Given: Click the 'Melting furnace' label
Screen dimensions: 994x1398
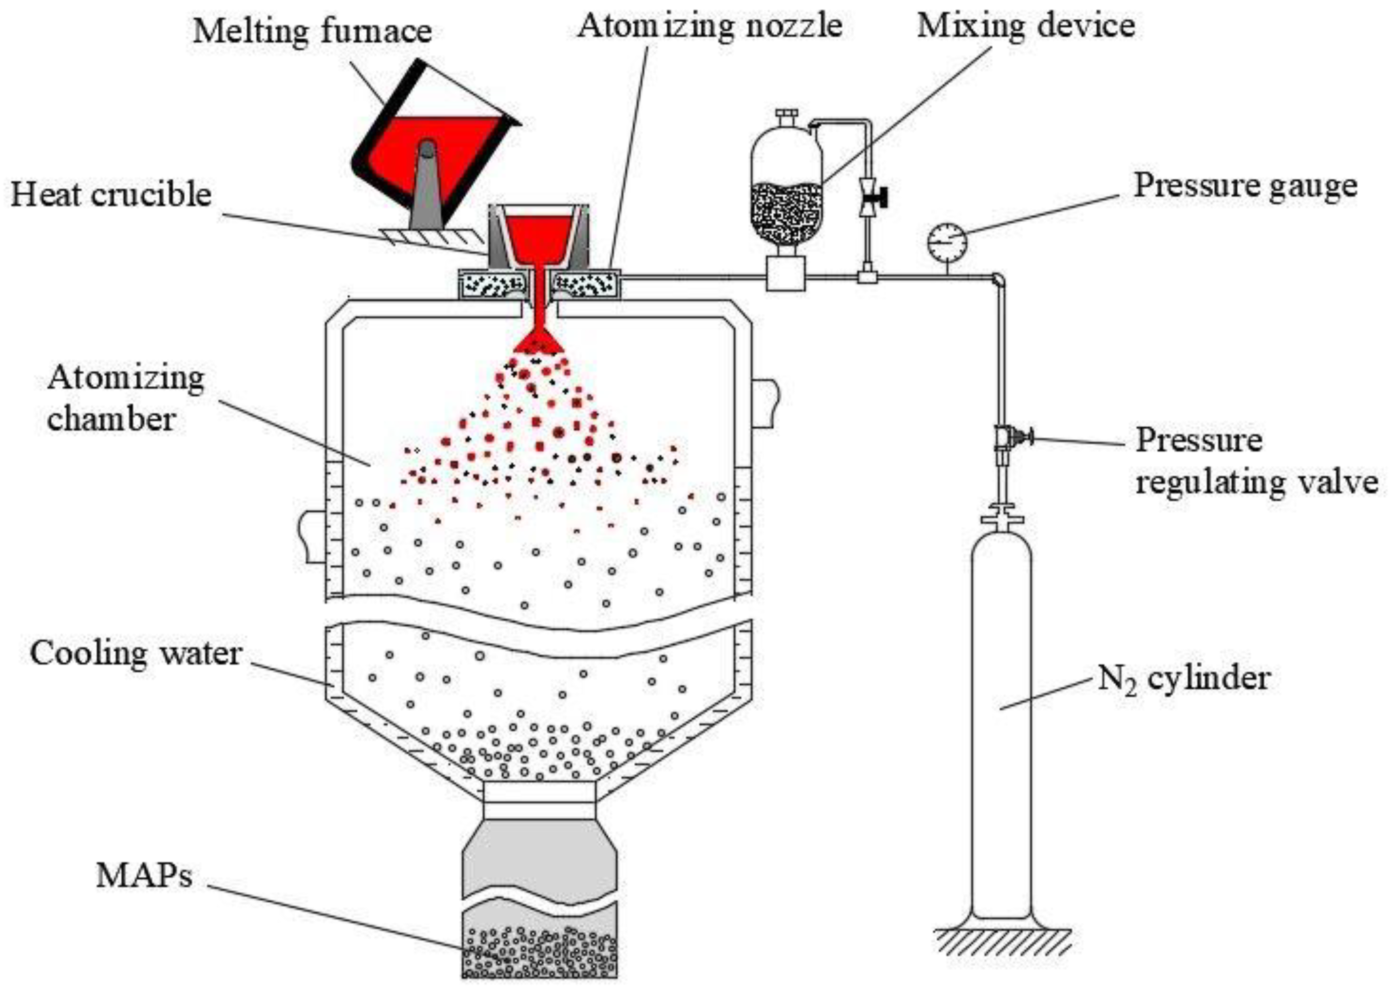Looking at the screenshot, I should (x=312, y=30).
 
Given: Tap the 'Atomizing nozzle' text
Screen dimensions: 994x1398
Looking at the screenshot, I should (x=710, y=26).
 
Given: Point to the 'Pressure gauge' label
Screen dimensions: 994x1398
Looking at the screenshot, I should (x=1246, y=185).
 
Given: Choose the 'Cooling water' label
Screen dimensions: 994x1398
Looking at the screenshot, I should (x=136, y=653).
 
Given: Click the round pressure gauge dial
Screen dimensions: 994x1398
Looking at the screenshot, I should (x=947, y=242).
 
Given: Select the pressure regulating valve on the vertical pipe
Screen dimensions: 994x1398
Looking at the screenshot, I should (x=1010, y=438).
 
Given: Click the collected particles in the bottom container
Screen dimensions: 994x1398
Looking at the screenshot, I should (x=539, y=952).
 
